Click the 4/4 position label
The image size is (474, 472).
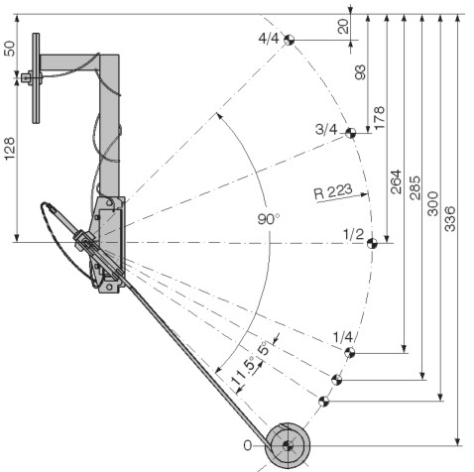(x=269, y=39)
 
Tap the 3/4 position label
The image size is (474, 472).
(x=326, y=129)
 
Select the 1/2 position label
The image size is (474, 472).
(x=353, y=234)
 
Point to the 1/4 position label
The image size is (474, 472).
(x=343, y=337)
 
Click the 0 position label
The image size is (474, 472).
(x=247, y=446)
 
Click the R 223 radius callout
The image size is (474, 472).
(x=333, y=191)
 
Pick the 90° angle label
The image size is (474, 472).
(x=269, y=219)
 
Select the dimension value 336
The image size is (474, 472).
(x=449, y=219)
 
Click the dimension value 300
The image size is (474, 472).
(x=432, y=203)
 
